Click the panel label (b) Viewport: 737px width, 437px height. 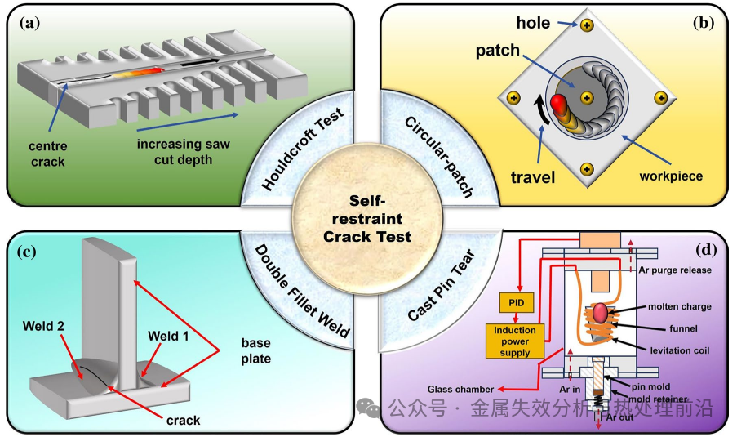703,23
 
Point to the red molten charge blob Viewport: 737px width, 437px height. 602,311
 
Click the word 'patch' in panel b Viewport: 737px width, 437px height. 497,51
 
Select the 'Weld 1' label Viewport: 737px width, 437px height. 167,336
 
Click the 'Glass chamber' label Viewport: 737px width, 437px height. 458,388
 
